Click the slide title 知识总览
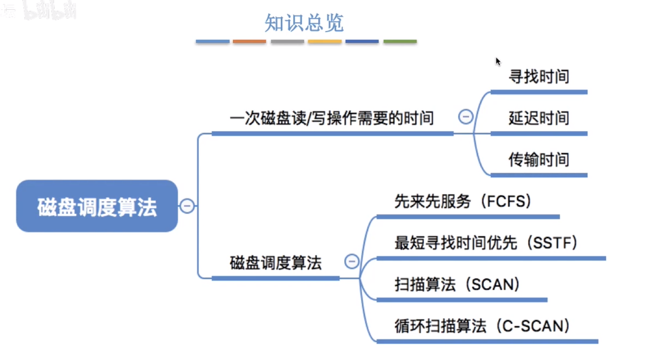pyautogui.click(x=304, y=23)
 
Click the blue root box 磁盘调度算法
pyautogui.click(x=97, y=206)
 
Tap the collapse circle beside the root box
pyautogui.click(x=187, y=206)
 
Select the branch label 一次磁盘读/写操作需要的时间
pyautogui.click(x=332, y=118)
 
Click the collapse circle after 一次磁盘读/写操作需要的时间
pyautogui.click(x=465, y=117)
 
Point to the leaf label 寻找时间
pyautogui.click(x=539, y=77)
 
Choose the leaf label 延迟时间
pyautogui.click(x=539, y=118)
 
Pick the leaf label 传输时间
pyautogui.click(x=539, y=160)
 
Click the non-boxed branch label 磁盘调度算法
pyautogui.click(x=275, y=263)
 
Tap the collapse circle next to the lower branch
pyautogui.click(x=352, y=262)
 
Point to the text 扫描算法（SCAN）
pyautogui.click(x=457, y=284)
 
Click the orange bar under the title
pyautogui.click(x=249, y=42)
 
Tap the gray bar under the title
pyautogui.click(x=287, y=42)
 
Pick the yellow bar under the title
pyautogui.click(x=324, y=42)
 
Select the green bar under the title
pyautogui.click(x=400, y=42)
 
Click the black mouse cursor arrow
pyautogui.click(x=498, y=61)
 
